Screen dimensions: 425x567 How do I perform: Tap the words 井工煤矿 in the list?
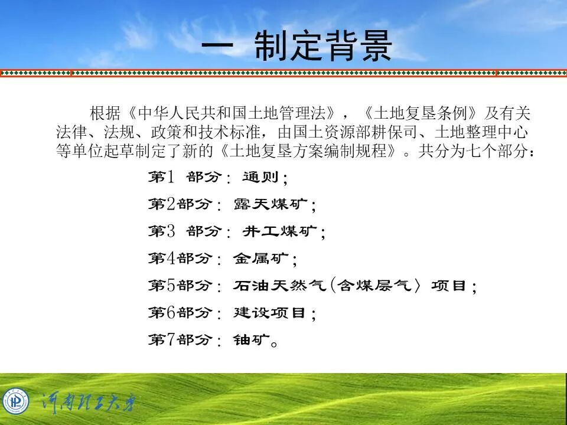(280, 232)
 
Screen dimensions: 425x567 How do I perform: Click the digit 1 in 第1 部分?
(171, 177)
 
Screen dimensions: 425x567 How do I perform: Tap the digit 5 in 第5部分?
(171, 286)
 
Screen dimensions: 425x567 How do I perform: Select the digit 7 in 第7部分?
(171, 340)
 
